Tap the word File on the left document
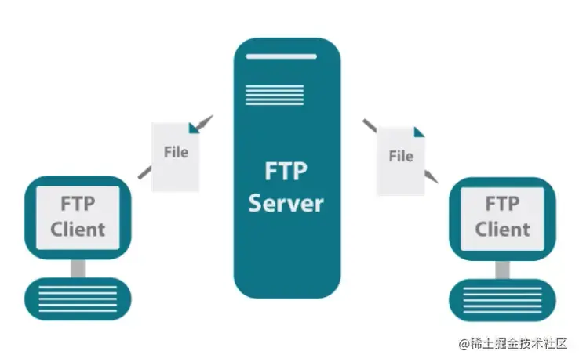click(x=176, y=151)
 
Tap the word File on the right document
click(x=401, y=156)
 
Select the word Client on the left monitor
click(x=78, y=229)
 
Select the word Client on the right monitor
click(x=502, y=229)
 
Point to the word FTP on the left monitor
click(x=78, y=204)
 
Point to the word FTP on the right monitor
click(x=502, y=204)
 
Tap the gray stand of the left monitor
click(x=78, y=267)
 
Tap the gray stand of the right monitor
click(x=502, y=267)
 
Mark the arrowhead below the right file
click(x=430, y=172)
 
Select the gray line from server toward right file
click(x=370, y=126)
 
